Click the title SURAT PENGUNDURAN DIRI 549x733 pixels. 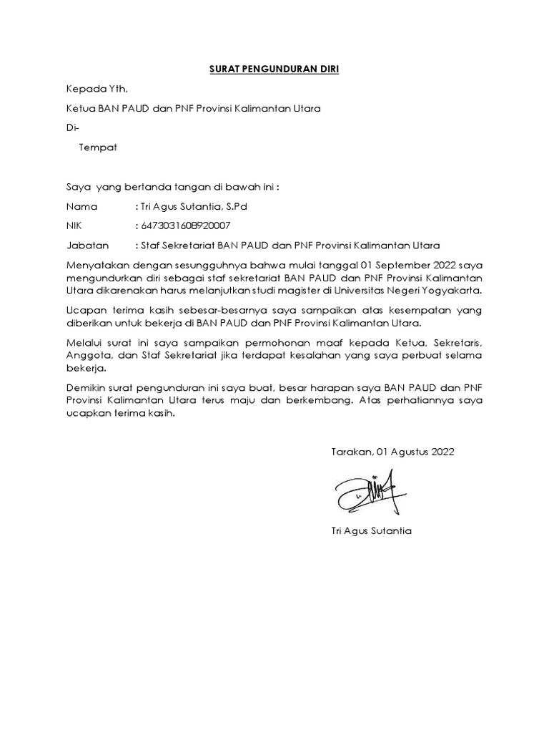coord(274,69)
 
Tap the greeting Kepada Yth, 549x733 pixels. coord(97,89)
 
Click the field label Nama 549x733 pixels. coord(80,206)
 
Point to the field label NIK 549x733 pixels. coord(75,225)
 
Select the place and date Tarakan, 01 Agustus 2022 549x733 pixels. coord(392,452)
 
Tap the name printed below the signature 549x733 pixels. coord(372,530)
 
